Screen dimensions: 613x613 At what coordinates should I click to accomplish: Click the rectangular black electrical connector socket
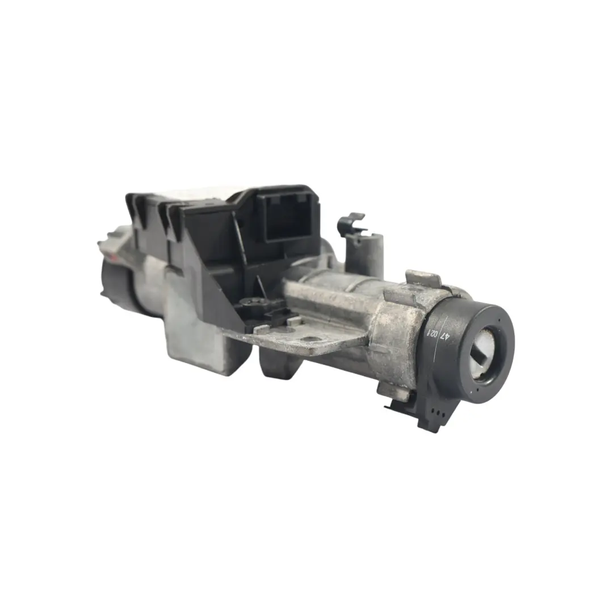288,216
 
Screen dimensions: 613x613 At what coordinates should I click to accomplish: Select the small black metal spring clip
350,224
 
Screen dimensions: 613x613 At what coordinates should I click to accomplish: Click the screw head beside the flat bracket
251,303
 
